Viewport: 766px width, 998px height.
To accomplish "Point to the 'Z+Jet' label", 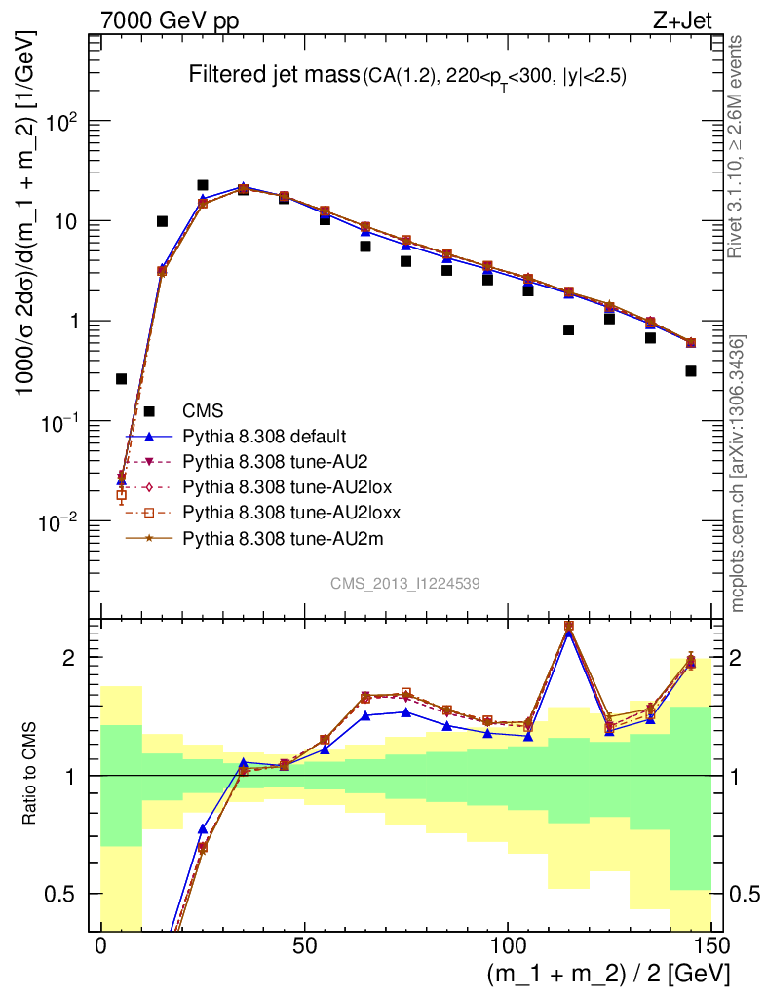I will tap(698, 19).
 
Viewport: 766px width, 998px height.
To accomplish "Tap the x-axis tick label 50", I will tap(304, 946).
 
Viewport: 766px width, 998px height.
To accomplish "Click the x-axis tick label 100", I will tap(508, 946).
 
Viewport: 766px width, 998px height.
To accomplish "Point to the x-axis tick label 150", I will tap(710, 946).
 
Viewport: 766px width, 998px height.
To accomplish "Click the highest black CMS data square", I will tap(203, 185).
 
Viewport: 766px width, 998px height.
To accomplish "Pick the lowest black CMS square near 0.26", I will tap(122, 378).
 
